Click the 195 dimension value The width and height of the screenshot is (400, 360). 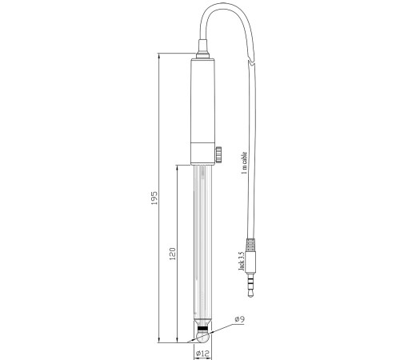point(154,198)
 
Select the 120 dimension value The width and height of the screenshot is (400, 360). point(173,254)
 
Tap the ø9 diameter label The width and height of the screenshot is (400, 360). point(239,319)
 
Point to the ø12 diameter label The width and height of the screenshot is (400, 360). point(202,354)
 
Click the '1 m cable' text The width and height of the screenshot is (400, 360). point(244,163)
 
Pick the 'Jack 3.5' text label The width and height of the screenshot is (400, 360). point(242,261)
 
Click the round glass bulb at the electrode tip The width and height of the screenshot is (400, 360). point(202,337)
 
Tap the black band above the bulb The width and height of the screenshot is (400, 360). point(202,328)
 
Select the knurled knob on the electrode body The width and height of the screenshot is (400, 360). point(219,154)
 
